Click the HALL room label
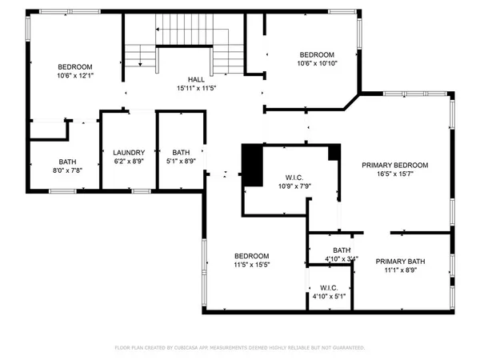click(x=196, y=79)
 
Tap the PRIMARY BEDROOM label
click(x=394, y=165)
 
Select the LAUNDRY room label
click(x=128, y=152)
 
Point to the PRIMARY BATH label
click(x=401, y=261)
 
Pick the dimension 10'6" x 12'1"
click(x=75, y=76)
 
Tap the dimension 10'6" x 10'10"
click(x=316, y=63)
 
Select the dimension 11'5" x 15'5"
click(x=251, y=265)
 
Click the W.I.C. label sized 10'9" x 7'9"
click(x=292, y=178)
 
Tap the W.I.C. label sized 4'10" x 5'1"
click(x=329, y=287)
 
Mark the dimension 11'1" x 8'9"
click(x=401, y=270)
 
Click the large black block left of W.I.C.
click(x=252, y=165)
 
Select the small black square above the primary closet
click(x=334, y=152)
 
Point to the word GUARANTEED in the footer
click(x=346, y=348)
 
